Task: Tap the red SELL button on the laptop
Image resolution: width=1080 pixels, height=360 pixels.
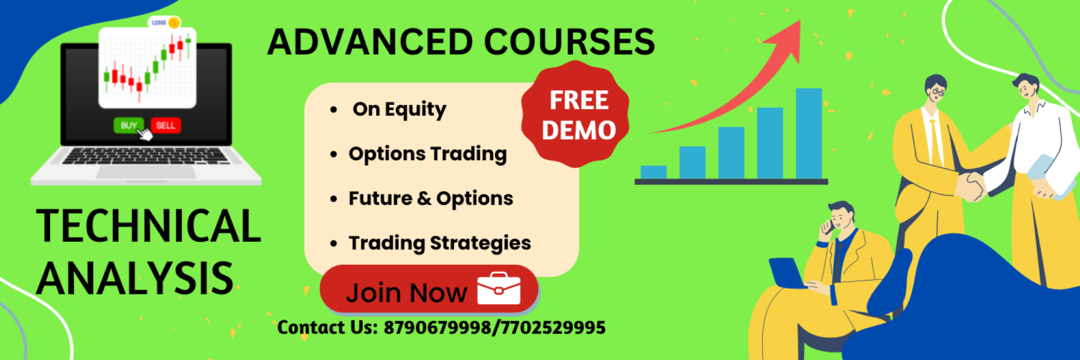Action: (x=166, y=125)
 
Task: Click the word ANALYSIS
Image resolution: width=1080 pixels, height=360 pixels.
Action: (x=135, y=278)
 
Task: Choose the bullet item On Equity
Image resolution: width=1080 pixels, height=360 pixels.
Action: (x=399, y=110)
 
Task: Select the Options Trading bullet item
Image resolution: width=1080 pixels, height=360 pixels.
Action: (x=428, y=154)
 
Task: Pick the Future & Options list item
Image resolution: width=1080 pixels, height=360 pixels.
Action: (x=431, y=198)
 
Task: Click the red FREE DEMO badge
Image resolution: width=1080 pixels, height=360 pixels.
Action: (x=575, y=114)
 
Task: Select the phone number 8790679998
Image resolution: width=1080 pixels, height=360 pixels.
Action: (x=437, y=328)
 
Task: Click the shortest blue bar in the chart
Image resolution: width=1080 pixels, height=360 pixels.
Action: (x=654, y=172)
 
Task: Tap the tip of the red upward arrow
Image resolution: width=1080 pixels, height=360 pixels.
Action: (x=800, y=21)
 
